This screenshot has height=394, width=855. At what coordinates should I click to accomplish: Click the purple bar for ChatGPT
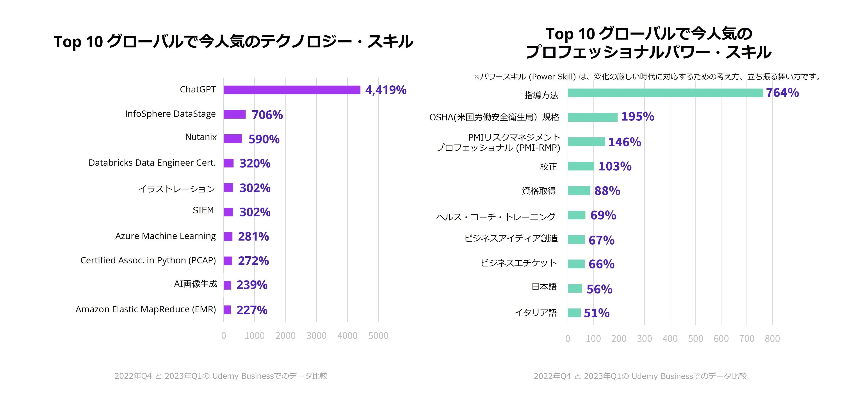coord(292,90)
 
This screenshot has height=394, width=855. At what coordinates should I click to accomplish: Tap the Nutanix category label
coord(201,137)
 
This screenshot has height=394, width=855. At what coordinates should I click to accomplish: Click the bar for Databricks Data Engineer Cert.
coord(229,163)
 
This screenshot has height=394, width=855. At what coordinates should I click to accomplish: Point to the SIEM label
coord(203,210)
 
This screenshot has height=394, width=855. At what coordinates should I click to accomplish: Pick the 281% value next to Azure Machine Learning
coord(253,237)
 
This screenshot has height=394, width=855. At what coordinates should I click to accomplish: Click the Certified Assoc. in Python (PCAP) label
coord(148,261)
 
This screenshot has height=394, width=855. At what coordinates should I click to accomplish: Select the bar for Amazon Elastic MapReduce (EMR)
coord(227,310)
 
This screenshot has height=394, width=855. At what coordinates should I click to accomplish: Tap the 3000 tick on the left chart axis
coord(316,336)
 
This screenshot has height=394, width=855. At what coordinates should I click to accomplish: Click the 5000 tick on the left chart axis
coord(378,336)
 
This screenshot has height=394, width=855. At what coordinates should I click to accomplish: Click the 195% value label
coord(638,117)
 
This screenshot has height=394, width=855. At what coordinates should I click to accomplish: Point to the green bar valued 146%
coord(586,142)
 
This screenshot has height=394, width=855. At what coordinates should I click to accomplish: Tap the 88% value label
coord(607,191)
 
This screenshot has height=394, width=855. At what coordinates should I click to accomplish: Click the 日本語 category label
coord(544,287)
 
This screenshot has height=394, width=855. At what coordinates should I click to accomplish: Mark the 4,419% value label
coord(386,90)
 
